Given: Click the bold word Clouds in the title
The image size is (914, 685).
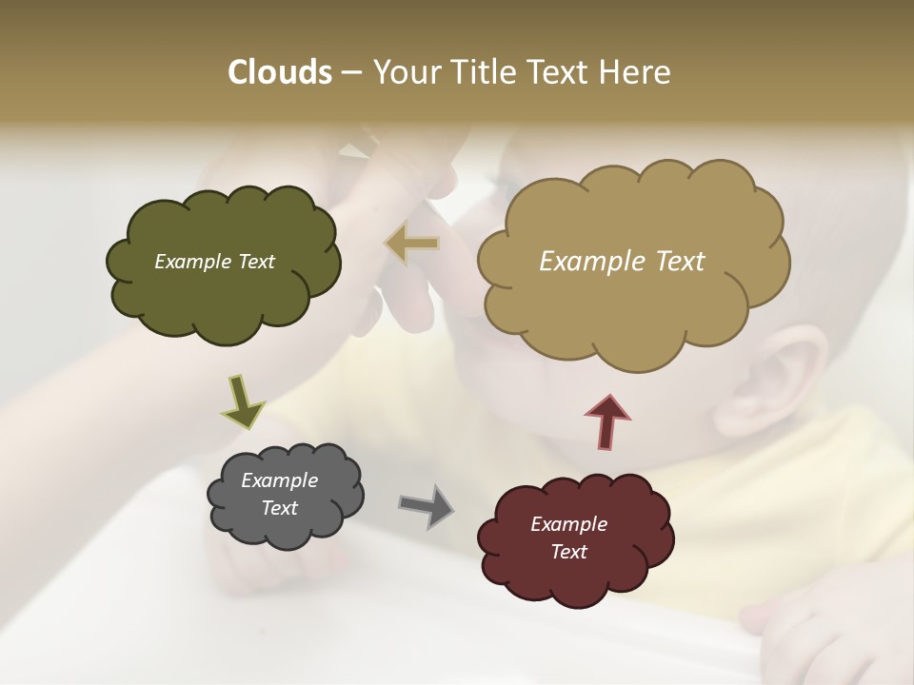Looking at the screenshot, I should [279, 72].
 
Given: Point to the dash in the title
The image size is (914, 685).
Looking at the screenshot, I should [351, 73].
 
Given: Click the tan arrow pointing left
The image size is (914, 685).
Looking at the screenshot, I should [411, 244].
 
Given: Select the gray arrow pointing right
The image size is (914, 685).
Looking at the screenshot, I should [427, 506].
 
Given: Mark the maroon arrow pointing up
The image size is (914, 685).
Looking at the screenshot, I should [607, 421].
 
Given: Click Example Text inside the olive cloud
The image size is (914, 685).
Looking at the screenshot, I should [214, 262].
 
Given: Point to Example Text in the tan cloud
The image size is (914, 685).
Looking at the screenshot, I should [622, 262].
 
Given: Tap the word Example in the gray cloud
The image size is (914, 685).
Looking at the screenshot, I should [279, 480].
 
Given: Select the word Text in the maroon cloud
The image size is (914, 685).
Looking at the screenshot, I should [568, 552].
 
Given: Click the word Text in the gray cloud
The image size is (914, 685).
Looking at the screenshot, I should [279, 508].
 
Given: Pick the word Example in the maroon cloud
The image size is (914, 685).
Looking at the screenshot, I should [568, 524].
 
